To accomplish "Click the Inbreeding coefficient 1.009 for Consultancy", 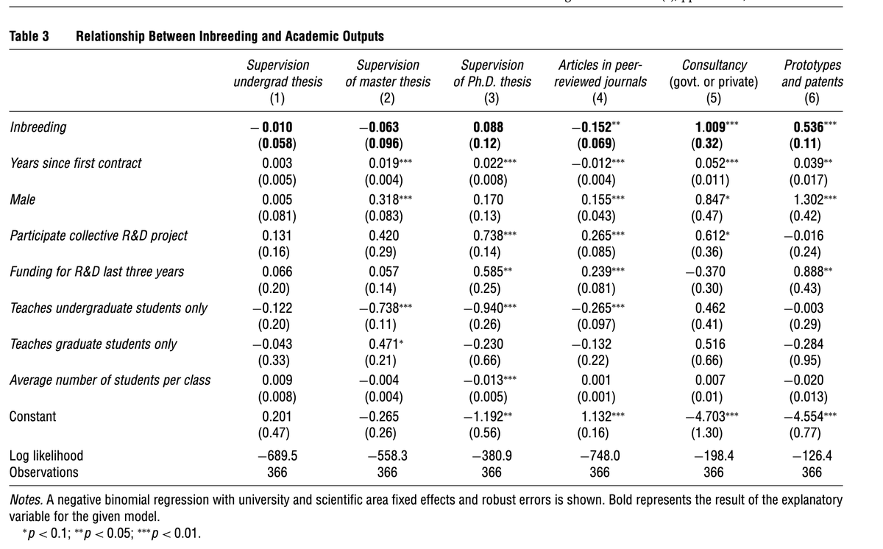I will click(705, 127).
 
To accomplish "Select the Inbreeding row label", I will click(38, 127).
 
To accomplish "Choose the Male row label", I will click(23, 199).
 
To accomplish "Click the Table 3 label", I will click(29, 36).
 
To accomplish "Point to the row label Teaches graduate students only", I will click(93, 344).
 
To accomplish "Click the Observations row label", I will click(43, 472).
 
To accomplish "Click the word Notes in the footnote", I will click(25, 500).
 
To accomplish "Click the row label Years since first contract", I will click(75, 163).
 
